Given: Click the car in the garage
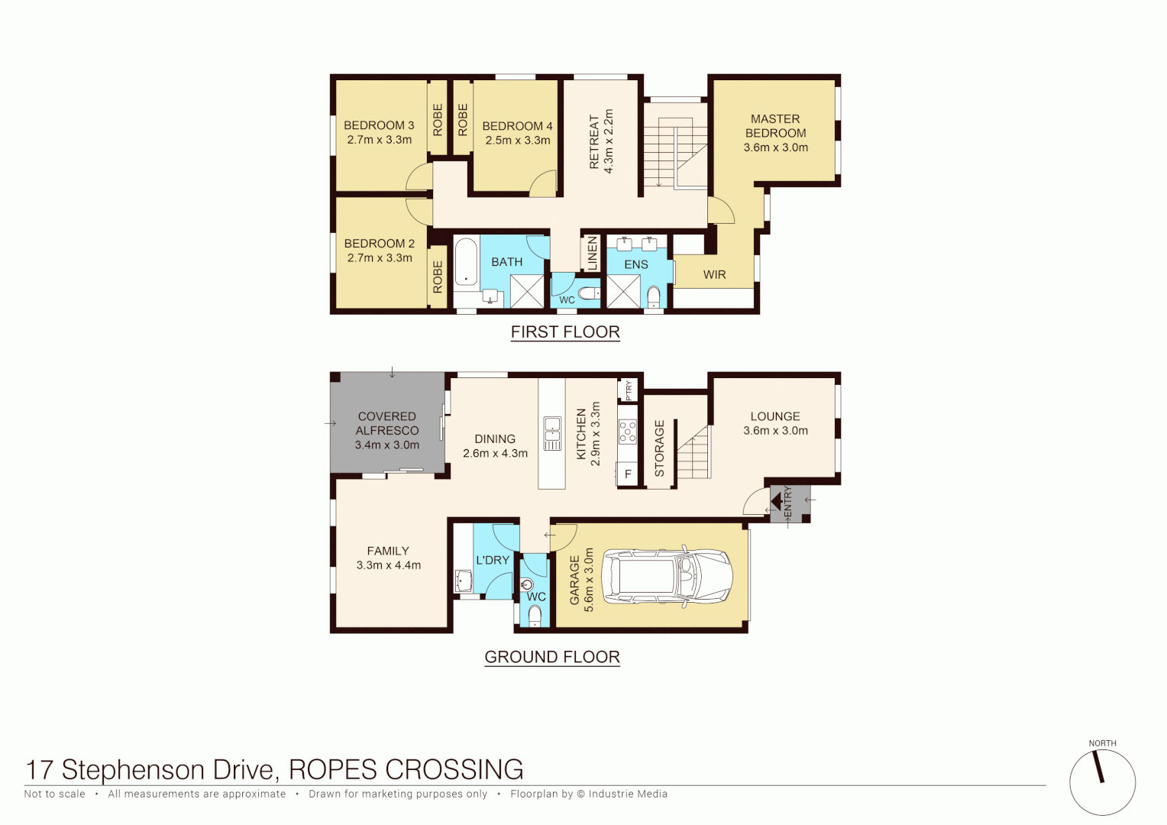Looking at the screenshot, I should click(668, 577).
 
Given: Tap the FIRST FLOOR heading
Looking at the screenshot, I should click(565, 332).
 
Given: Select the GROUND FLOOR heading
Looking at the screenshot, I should click(552, 657).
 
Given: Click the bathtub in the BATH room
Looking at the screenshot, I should click(466, 262).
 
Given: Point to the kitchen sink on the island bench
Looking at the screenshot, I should click(551, 434).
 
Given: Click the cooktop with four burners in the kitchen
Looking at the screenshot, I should click(628, 432).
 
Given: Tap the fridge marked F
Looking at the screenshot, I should click(628, 474).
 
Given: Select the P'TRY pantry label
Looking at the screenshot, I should click(629, 390).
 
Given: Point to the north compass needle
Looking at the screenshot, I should click(1100, 767).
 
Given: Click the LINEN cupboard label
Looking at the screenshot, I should click(592, 254).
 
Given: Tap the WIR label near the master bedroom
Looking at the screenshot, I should click(714, 275).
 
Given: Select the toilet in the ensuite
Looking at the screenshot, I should click(654, 296).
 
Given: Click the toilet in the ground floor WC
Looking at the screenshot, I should click(535, 615).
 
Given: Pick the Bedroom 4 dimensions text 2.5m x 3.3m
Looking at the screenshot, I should click(518, 141).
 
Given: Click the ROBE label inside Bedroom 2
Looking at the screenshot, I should click(438, 277).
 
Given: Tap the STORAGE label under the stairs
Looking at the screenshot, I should click(660, 448).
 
